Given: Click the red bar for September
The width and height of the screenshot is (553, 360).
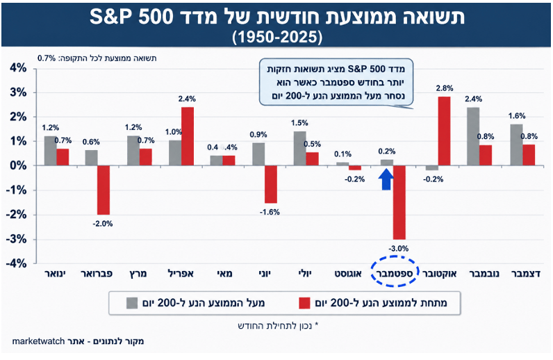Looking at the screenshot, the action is (x=399, y=202).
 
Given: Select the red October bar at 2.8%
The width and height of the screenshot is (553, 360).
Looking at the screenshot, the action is (x=444, y=131).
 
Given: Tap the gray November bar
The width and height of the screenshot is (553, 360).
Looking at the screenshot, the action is (x=473, y=136).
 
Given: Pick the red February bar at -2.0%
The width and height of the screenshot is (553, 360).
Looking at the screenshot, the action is (x=104, y=190).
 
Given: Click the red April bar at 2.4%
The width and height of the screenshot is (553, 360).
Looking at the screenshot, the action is (x=188, y=136).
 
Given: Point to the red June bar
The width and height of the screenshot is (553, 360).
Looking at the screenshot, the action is (x=271, y=184).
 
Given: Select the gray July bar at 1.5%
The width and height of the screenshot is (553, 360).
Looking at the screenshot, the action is (x=300, y=148).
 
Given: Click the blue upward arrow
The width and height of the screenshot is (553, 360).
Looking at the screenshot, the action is (x=387, y=179).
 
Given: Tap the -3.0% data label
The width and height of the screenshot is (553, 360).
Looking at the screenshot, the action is (x=399, y=249).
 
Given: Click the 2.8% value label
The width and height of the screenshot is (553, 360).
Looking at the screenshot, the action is (x=445, y=88).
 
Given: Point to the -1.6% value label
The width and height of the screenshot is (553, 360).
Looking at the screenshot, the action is (x=270, y=212).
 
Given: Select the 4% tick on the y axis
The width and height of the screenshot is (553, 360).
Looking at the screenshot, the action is (x=18, y=68).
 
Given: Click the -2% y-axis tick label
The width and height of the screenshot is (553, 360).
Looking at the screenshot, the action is (x=16, y=215).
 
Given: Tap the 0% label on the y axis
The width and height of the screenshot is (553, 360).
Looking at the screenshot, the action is (x=18, y=165).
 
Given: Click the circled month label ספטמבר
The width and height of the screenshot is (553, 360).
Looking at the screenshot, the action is (x=395, y=273).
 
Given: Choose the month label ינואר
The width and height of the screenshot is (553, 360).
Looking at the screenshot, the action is (x=56, y=274).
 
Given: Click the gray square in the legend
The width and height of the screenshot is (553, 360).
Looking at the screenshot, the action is (x=132, y=303).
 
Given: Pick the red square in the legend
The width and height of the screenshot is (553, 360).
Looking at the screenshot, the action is (x=304, y=303).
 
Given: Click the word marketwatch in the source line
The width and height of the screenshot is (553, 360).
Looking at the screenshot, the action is (x=38, y=341).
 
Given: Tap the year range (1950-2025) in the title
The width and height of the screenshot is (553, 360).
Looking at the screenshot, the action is (x=277, y=37).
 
